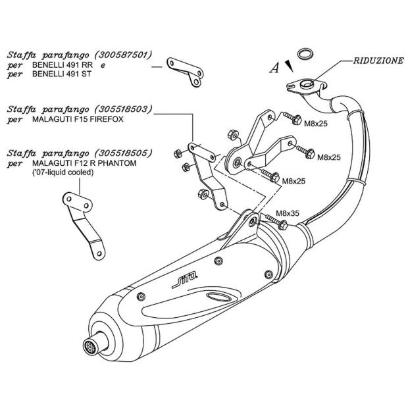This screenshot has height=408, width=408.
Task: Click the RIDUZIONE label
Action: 379,60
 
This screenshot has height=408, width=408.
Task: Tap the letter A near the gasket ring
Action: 275,67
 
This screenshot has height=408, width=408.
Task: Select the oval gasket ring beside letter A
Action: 304,53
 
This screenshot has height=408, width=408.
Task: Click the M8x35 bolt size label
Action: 286,213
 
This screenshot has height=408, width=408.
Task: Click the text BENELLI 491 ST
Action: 63,75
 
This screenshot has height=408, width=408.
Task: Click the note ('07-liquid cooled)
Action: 63,172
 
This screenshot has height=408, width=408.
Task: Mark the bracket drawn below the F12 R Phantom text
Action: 82,222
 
